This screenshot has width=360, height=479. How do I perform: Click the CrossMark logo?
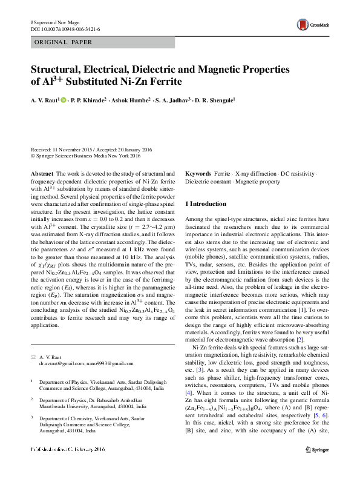click(x=309, y=24)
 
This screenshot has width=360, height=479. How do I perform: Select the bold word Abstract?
click(x=42, y=173)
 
